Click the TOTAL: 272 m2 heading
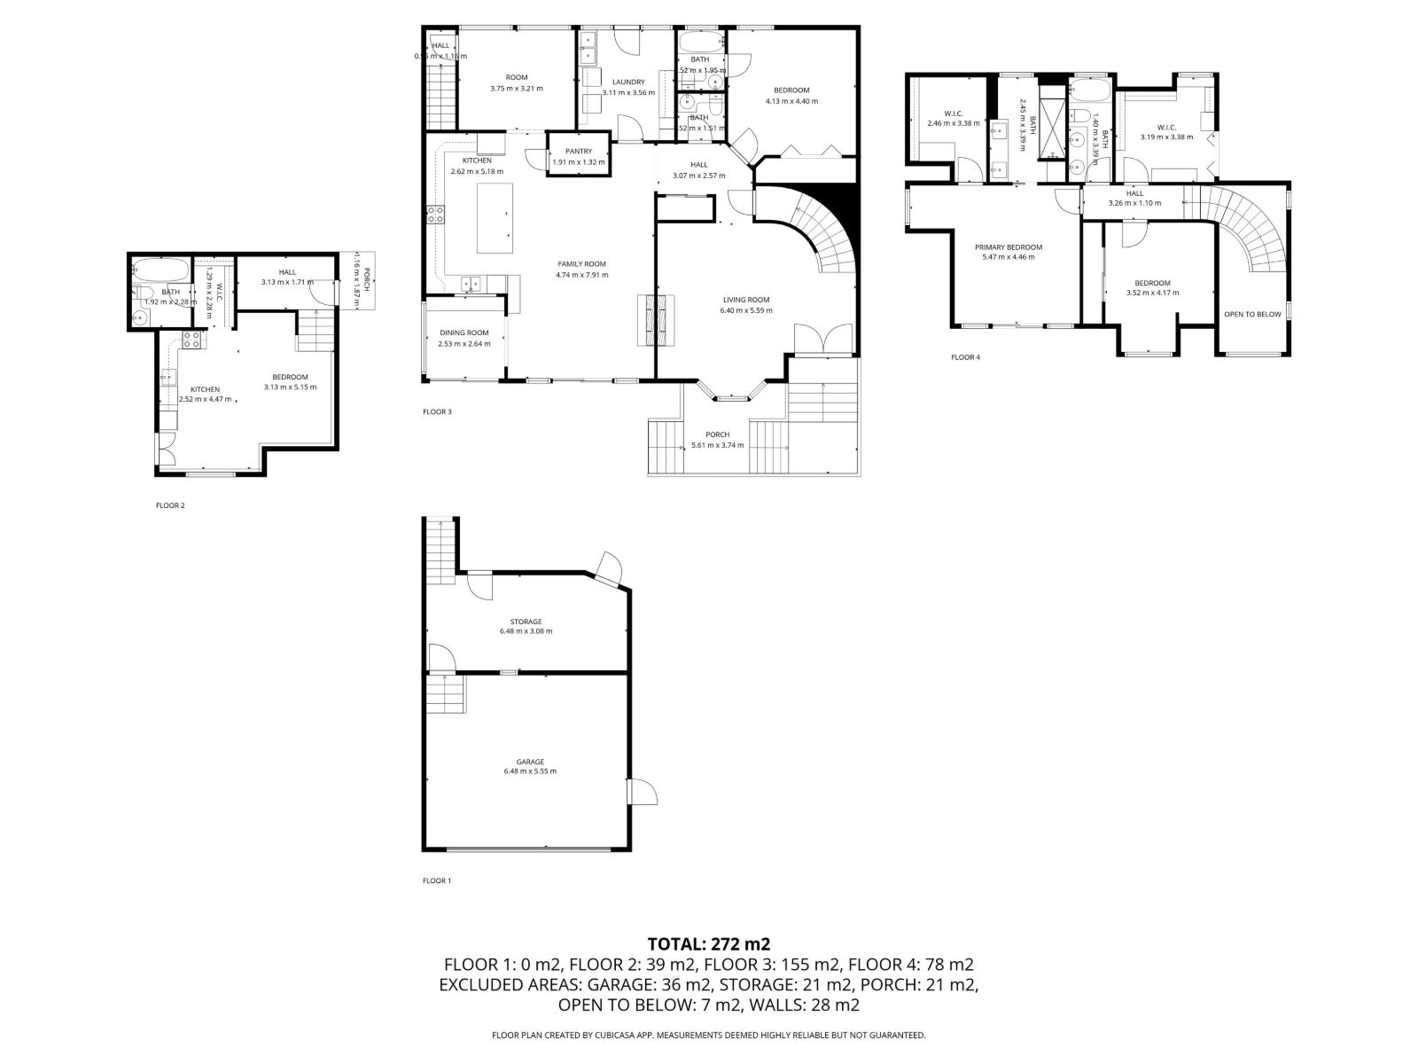[x=708, y=943]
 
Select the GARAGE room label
[x=530, y=762]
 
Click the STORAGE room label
[x=526, y=622]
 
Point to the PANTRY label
[x=578, y=152]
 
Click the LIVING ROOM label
[x=746, y=300]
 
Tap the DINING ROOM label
[x=464, y=333]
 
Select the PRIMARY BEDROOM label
[x=1008, y=247]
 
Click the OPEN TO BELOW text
[x=1251, y=314]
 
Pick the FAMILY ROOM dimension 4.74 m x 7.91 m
[x=581, y=275]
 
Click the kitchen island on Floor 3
[x=496, y=218]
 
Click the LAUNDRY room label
[x=628, y=82]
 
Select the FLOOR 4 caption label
[x=965, y=357]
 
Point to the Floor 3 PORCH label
[x=717, y=434]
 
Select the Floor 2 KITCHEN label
[x=205, y=389]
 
